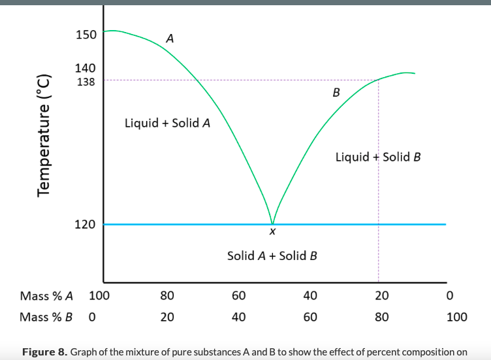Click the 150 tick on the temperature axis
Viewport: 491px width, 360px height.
pos(86,34)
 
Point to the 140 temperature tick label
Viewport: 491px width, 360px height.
pos(86,68)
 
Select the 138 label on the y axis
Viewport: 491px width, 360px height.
pos(86,82)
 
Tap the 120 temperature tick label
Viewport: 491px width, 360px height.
pos(86,224)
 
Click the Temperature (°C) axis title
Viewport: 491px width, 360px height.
pos(44,133)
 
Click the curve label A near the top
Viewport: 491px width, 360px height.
pos(170,39)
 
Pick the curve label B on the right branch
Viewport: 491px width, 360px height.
pos(336,92)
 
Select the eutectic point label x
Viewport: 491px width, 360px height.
pos(272,232)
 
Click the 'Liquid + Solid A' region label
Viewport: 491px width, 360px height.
pos(167,123)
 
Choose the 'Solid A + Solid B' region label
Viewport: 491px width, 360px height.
pos(272,255)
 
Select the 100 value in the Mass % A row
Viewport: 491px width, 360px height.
pos(99,296)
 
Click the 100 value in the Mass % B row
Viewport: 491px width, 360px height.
pos(456,318)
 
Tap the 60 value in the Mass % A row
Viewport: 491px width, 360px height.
pos(238,296)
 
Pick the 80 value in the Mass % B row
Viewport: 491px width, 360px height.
pos(382,318)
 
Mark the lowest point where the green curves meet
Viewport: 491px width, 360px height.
pos(272,223)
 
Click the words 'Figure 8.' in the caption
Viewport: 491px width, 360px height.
pos(44,353)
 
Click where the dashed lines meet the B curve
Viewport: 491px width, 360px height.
pos(378,80)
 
